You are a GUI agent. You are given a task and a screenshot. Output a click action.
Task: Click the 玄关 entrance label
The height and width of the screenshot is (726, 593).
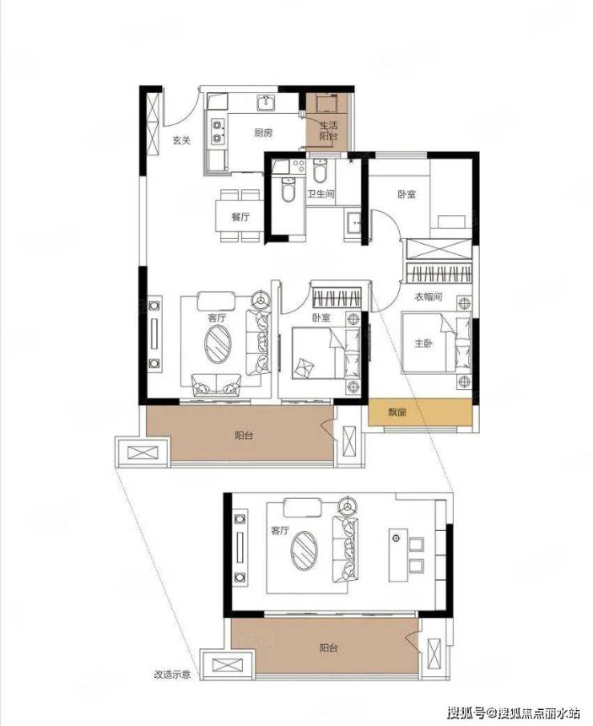(182, 140)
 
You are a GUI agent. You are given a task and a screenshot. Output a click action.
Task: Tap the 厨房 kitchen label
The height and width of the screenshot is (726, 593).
(263, 133)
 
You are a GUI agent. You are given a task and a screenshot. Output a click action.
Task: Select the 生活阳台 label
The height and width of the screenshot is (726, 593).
(329, 131)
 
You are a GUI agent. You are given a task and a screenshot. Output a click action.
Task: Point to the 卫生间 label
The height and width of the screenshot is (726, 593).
(321, 194)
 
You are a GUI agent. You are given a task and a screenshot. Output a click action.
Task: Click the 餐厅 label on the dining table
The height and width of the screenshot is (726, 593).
(240, 217)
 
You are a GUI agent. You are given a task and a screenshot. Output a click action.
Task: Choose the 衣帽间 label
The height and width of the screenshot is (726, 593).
(428, 296)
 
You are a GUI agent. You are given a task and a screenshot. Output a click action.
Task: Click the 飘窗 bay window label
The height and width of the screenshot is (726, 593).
(397, 412)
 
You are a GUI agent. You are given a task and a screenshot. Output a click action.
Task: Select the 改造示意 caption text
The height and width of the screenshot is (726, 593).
(172, 675)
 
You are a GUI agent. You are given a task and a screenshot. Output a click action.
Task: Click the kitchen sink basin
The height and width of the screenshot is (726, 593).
(266, 103)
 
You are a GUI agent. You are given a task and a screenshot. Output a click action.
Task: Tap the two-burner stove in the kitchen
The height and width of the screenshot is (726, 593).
(217, 131)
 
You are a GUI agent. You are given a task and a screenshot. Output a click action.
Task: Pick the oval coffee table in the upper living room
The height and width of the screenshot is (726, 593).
(217, 343)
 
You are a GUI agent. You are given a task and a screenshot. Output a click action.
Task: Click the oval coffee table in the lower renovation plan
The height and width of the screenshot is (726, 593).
(304, 550)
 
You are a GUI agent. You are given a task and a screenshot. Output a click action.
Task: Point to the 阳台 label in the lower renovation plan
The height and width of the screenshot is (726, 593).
(329, 647)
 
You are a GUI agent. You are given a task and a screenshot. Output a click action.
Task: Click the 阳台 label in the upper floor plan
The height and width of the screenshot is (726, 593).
(244, 436)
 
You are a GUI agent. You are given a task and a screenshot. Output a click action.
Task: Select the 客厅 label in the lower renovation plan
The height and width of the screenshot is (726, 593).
(280, 530)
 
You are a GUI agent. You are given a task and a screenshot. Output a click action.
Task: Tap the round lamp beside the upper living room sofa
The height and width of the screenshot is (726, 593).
(260, 299)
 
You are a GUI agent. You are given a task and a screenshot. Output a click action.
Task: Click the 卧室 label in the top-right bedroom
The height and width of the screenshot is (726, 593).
(406, 194)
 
